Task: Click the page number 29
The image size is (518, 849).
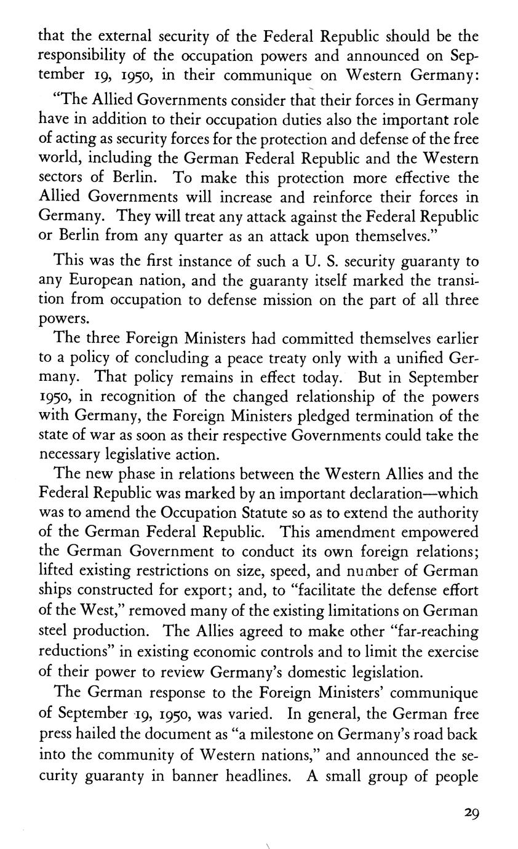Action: pyautogui.click(x=471, y=812)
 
